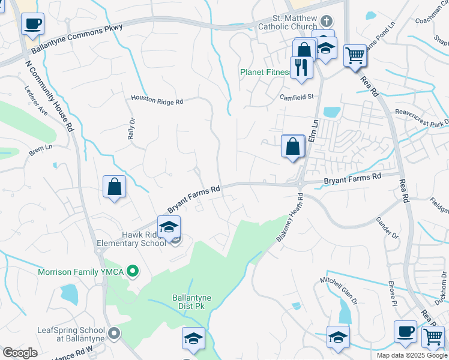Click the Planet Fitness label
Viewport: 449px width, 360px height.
[x=265, y=72]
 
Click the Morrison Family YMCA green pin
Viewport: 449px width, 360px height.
[x=134, y=272]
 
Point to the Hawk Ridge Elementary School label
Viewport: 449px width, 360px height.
[x=131, y=239]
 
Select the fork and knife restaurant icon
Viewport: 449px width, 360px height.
[x=301, y=67]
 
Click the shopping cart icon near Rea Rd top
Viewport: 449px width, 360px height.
[x=355, y=56]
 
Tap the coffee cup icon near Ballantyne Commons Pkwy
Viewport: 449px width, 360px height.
[x=32, y=24]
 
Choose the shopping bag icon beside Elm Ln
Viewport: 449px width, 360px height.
[x=293, y=146]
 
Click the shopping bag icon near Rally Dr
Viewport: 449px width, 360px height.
[x=114, y=187]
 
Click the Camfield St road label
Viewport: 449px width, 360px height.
[x=297, y=97]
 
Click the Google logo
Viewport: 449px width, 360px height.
[x=20, y=352]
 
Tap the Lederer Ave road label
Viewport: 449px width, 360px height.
[x=36, y=101]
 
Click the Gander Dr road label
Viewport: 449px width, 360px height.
[x=387, y=226]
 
